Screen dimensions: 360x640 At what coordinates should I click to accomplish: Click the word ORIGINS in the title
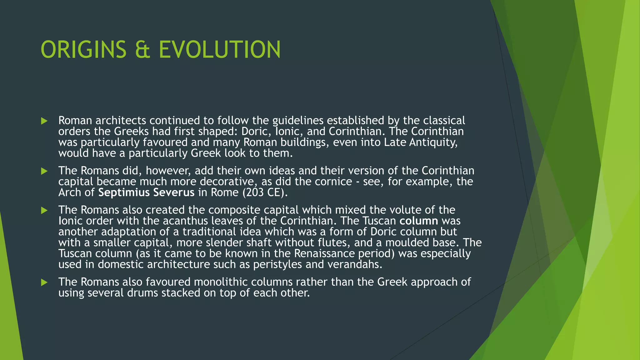(x=83, y=50)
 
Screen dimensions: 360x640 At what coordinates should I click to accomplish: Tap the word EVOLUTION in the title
(x=220, y=50)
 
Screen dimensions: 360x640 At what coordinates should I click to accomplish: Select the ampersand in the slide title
(x=142, y=50)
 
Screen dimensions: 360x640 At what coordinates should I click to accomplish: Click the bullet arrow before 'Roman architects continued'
(x=44, y=121)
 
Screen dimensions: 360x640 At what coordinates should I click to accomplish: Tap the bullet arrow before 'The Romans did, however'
(x=44, y=171)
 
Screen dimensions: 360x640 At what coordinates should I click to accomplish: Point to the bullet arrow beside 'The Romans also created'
(x=44, y=210)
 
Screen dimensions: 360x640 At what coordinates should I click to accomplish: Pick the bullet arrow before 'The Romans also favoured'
(x=44, y=282)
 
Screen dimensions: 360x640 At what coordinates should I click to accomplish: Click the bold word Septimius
(x=124, y=192)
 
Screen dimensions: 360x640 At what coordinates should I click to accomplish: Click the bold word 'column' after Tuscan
(x=419, y=221)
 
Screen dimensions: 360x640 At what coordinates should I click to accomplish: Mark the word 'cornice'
(x=333, y=182)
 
